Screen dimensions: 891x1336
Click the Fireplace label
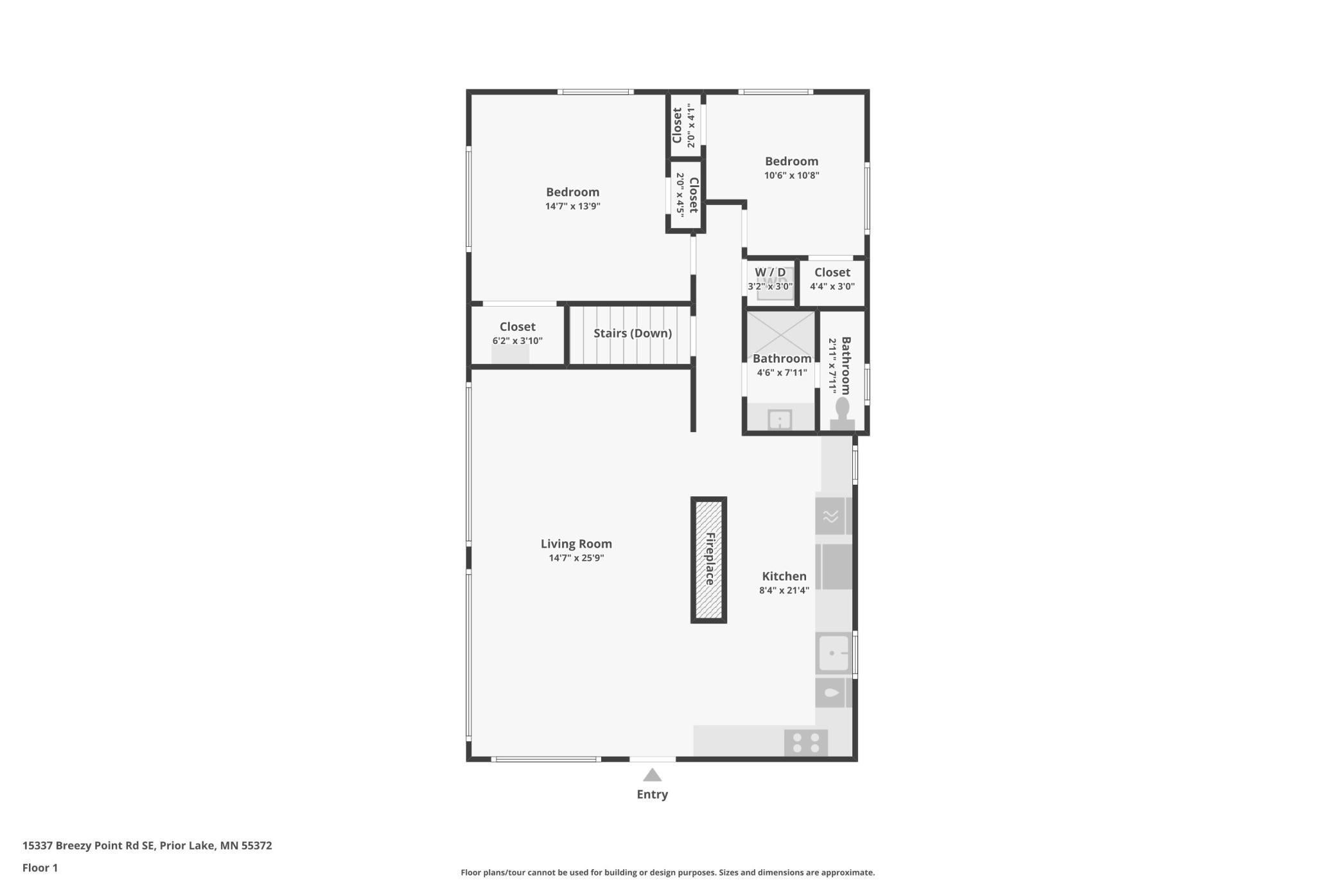(x=710, y=559)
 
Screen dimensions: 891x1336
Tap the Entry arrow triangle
(x=652, y=775)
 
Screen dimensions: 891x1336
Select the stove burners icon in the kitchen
(x=806, y=742)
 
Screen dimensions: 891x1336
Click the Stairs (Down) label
(x=632, y=333)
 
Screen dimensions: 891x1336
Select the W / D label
(x=769, y=273)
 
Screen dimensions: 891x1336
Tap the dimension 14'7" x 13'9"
(x=572, y=206)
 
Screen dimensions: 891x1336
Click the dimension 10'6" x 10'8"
(x=791, y=175)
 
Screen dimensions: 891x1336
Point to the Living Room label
(x=576, y=544)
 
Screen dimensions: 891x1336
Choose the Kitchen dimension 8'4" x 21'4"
(x=784, y=590)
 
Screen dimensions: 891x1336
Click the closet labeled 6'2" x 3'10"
(x=517, y=334)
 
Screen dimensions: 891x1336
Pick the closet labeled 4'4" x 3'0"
(x=832, y=280)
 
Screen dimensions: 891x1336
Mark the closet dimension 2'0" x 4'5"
(x=680, y=195)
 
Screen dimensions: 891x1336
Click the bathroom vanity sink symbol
(x=780, y=420)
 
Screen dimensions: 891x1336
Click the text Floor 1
(x=40, y=868)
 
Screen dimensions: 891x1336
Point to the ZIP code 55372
(x=256, y=845)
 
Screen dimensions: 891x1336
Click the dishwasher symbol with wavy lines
(x=830, y=516)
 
